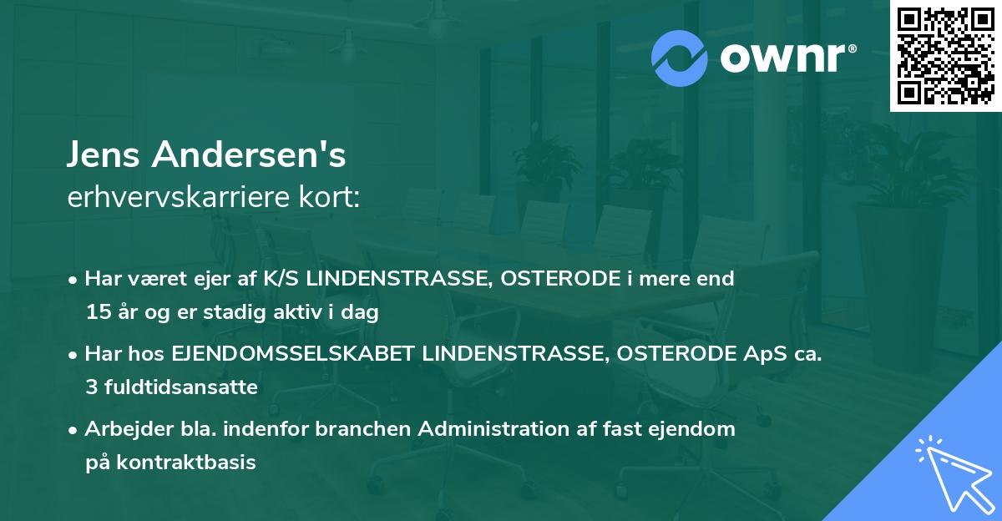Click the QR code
tap(945, 56)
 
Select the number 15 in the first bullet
tap(95, 313)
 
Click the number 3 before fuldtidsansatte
tap(90, 387)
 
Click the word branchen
tap(365, 429)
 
